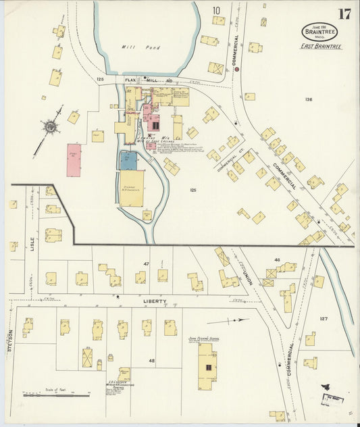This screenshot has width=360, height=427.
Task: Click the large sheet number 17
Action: (x=344, y=14)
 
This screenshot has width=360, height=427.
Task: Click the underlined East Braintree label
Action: (x=321, y=47)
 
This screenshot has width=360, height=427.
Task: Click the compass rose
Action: (x=49, y=126)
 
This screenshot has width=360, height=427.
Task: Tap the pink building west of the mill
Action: (x=74, y=160)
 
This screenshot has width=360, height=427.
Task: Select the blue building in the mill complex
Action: (x=128, y=160)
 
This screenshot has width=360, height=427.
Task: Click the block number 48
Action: (x=152, y=361)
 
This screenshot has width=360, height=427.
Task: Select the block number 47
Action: (x=145, y=263)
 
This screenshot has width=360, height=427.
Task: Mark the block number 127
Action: (x=324, y=318)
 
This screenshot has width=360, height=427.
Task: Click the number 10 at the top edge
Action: (x=216, y=10)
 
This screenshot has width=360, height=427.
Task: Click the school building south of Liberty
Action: (x=207, y=366)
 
